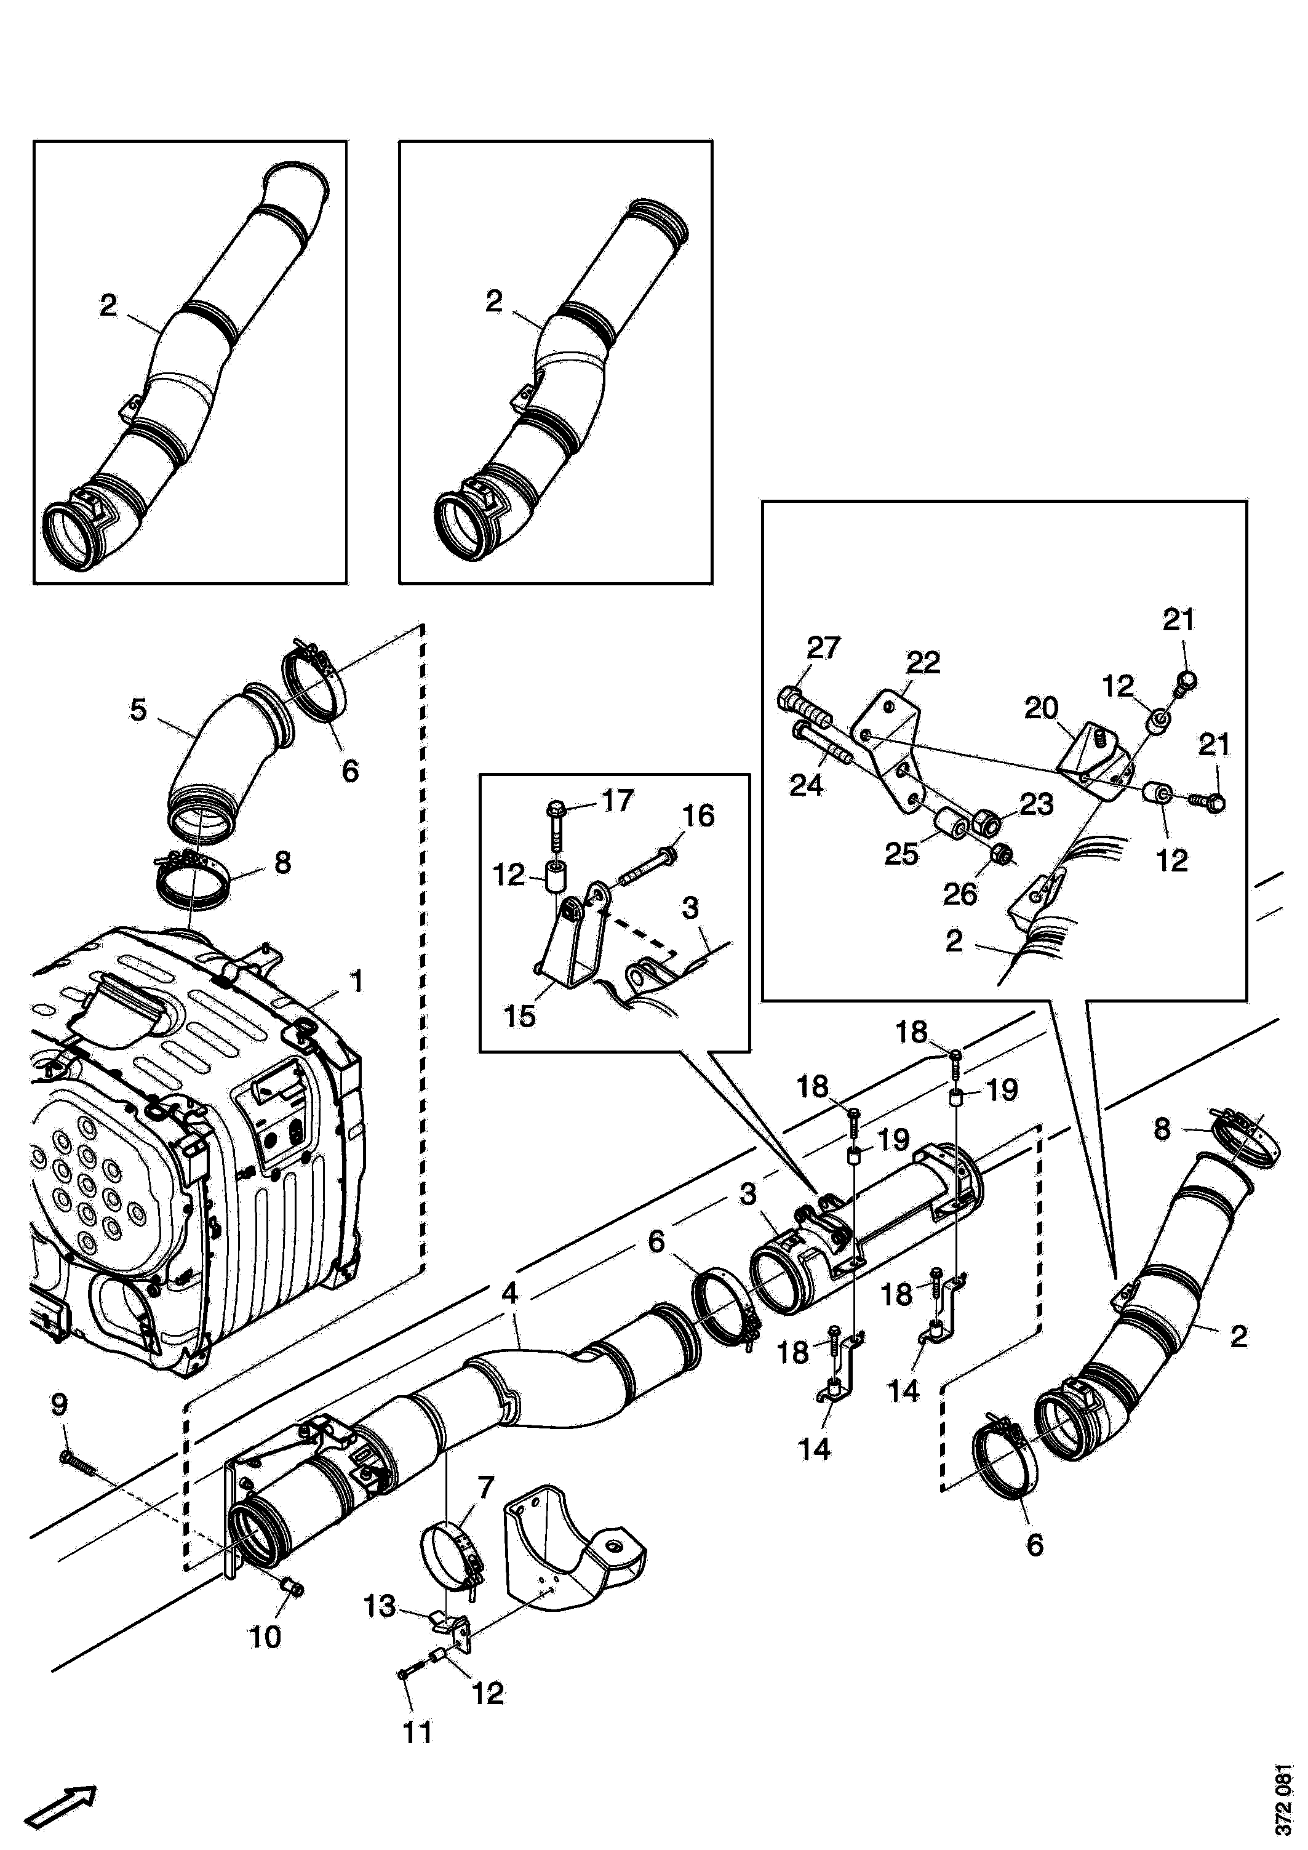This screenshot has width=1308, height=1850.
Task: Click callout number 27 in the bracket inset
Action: [x=823, y=648]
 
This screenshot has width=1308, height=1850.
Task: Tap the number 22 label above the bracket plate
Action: [x=923, y=663]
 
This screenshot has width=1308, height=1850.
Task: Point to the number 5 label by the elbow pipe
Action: [x=138, y=710]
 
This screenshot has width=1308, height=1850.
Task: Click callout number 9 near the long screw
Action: [x=60, y=1404]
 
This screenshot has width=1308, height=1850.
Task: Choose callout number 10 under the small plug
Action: [x=265, y=1636]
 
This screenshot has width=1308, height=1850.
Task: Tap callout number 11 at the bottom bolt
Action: [x=417, y=1732]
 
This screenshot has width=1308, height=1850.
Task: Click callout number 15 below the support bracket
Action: [x=519, y=1016]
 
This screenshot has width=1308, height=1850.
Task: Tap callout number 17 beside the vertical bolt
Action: [x=618, y=800]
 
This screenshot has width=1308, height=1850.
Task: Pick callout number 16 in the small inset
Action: [x=698, y=815]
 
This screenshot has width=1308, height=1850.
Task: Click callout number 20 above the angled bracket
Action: [x=1040, y=708]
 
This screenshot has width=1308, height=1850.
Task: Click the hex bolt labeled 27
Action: [x=805, y=707]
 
